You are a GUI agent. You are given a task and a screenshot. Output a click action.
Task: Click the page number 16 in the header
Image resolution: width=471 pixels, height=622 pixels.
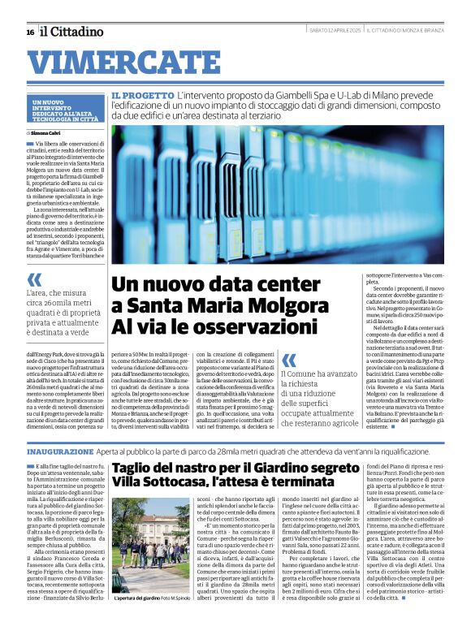(x=30, y=32)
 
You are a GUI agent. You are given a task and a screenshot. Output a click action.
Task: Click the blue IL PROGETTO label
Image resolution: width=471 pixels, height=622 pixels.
(x=143, y=95)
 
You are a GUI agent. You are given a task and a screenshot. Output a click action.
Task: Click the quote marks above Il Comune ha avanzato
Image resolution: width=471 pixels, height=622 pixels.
(x=288, y=359)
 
